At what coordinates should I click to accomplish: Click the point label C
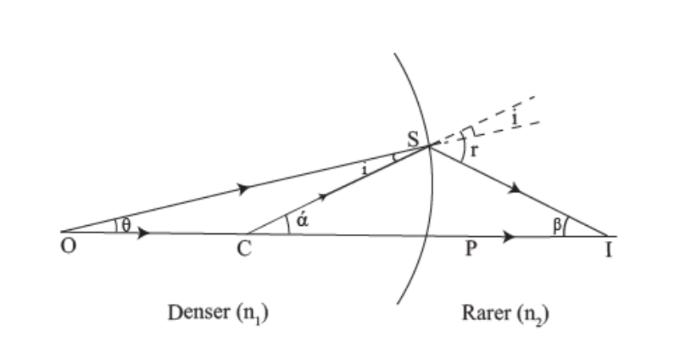(245, 249)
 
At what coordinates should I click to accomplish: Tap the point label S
(414, 136)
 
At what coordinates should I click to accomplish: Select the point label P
(471, 249)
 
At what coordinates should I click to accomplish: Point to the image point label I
(610, 249)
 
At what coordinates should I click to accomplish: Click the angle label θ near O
(126, 226)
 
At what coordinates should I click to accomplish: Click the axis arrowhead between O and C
(143, 234)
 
